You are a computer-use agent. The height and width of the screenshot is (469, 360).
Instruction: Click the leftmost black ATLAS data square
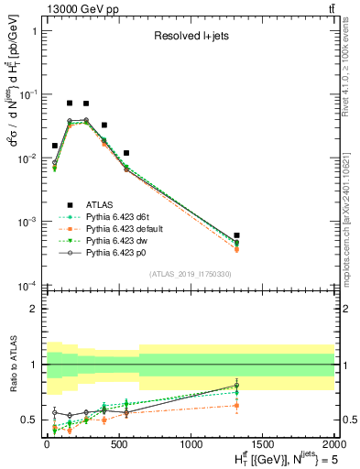(x=55, y=146)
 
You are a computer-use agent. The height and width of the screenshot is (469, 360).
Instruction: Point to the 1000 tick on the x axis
(x=191, y=442)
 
